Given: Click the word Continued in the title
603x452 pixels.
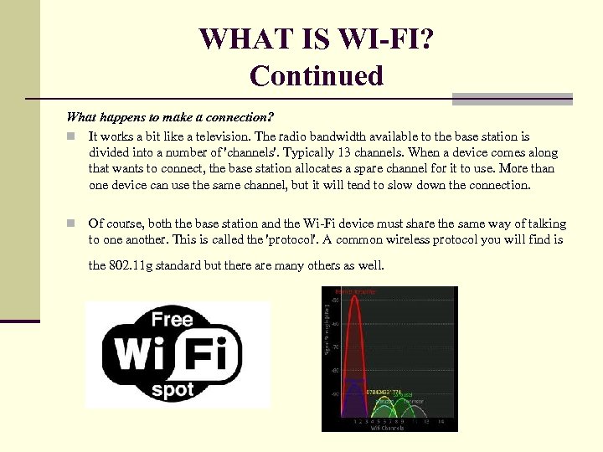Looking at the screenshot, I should click(x=316, y=75).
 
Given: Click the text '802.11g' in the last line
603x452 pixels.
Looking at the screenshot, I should click(x=133, y=265).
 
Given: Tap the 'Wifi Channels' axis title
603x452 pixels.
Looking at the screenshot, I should click(x=387, y=427).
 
